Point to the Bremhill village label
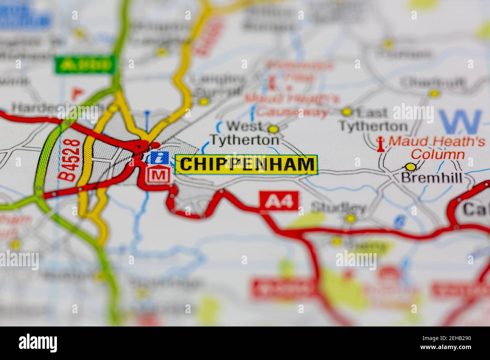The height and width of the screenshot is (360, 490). (x=432, y=178)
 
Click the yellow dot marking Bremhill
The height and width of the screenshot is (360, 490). (x=410, y=166)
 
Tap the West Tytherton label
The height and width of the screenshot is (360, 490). (x=245, y=133)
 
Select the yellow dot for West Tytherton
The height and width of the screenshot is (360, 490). (x=273, y=129)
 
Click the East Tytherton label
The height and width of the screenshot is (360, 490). (x=373, y=119)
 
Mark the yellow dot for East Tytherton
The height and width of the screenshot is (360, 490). (x=346, y=111)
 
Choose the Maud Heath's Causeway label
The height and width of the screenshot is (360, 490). (x=291, y=105)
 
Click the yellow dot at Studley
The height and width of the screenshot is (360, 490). (x=351, y=218)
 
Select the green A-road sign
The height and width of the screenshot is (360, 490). (x=85, y=65)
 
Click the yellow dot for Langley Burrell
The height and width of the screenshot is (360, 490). (x=204, y=101)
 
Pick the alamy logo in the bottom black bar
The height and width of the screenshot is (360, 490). (x=38, y=343)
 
